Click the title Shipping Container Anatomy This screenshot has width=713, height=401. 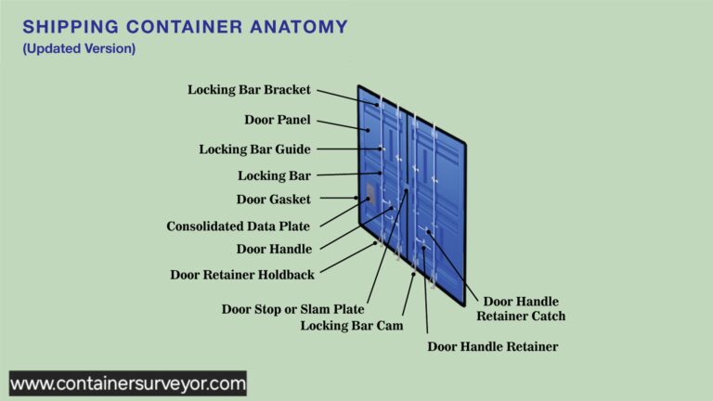coord(186,27)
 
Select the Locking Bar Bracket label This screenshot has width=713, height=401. coord(249,90)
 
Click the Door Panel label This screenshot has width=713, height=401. coord(278,120)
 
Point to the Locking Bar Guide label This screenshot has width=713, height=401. coord(254,149)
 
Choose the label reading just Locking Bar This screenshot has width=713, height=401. coord(274,175)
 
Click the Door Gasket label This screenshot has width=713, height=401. coord(273,199)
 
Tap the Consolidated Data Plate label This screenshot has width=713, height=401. coord(238,226)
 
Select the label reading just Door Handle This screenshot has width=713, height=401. coord(274,249)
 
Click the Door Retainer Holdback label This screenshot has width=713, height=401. coord(241,275)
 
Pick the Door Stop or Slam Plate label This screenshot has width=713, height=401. coord(292,308)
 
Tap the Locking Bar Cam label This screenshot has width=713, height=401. coord(346,325)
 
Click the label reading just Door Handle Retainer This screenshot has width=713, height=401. coord(492,346)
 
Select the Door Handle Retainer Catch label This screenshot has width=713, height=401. coord(521,308)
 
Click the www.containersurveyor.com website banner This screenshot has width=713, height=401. coord(128,382)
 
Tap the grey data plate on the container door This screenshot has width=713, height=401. coord(370,195)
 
